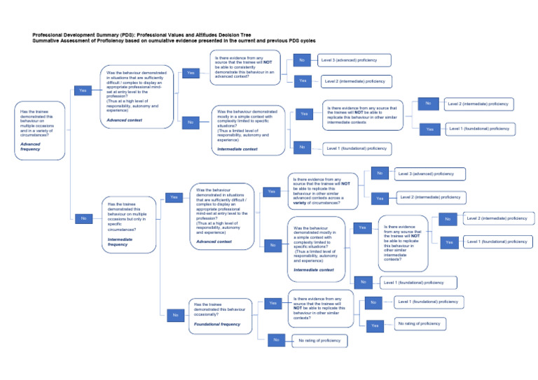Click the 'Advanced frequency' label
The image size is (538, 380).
pyautogui.click(x=31, y=146)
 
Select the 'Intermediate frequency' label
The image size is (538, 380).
pyautogui.click(x=118, y=241)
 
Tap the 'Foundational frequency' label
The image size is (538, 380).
pyautogui.click(x=217, y=324)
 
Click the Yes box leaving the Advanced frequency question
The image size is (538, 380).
pyautogui.click(x=83, y=90)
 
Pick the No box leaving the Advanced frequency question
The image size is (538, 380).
pyautogui.click(x=83, y=218)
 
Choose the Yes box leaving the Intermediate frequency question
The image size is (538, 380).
pyautogui.click(x=174, y=197)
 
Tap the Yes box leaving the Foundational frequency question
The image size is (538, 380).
pyautogui.click(x=274, y=303)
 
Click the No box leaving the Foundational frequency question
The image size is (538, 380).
pyautogui.click(x=276, y=340)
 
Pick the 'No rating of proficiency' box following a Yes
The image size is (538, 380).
pyautogui.click(x=419, y=323)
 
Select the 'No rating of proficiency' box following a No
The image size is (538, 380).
pyautogui.click(x=319, y=340)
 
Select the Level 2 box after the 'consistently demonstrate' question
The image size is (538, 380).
pyautogui.click(x=354, y=81)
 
